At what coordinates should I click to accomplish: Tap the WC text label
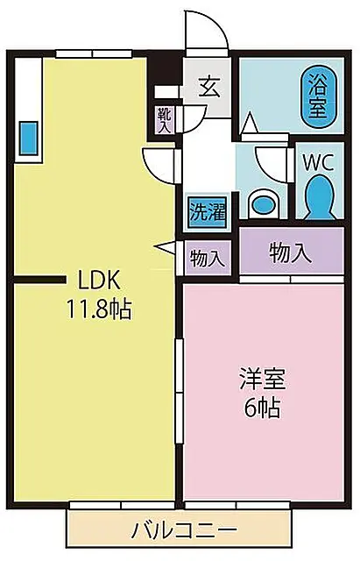[x=318, y=163]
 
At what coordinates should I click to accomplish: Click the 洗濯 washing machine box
[x=208, y=212]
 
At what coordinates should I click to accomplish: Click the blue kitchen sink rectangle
[x=28, y=138]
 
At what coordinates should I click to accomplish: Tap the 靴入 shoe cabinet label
[x=165, y=120]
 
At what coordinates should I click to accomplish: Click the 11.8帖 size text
[x=99, y=309]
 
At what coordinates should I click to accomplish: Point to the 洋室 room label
[x=263, y=380]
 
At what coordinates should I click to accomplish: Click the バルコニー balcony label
[x=184, y=529]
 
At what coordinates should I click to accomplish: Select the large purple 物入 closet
[x=292, y=252]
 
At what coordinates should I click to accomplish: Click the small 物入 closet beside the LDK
[x=208, y=258]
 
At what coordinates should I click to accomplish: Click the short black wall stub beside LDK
[x=39, y=280]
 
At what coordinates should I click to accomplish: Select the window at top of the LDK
[x=94, y=53]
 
